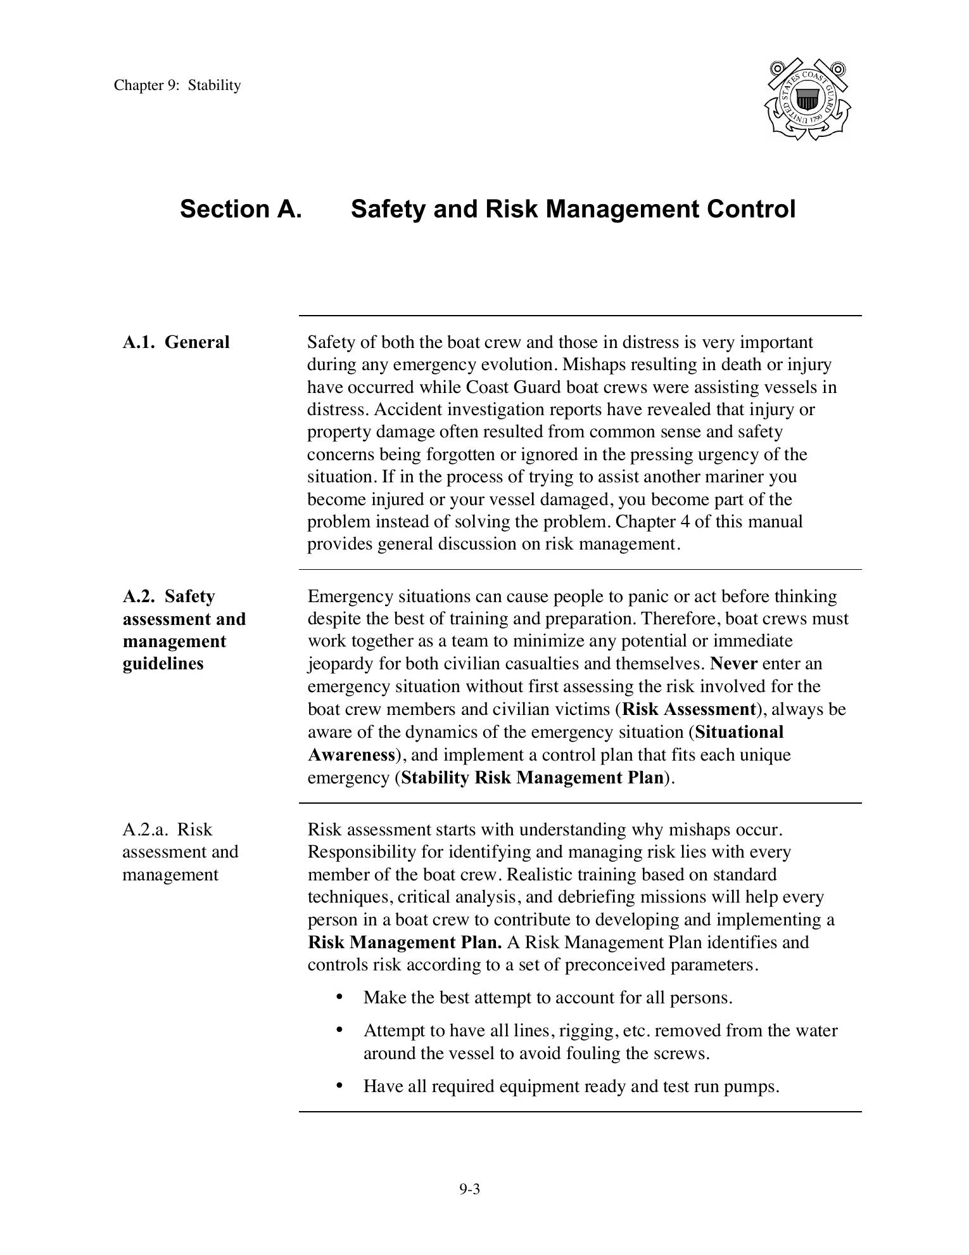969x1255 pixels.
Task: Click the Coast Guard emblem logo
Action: coord(807,100)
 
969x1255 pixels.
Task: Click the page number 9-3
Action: coord(469,1189)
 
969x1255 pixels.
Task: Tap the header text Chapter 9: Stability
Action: coord(177,86)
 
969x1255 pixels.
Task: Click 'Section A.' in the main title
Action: coord(241,209)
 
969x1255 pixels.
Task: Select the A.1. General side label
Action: coord(176,342)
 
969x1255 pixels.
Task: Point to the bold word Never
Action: coord(733,664)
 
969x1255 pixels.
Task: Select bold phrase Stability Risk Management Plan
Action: coord(532,778)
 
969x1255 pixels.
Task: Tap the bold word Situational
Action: coord(739,732)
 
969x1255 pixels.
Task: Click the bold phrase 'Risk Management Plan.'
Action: coord(405,942)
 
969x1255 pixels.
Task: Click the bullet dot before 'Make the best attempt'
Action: coord(340,997)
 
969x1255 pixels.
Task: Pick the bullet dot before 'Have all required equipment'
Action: coord(340,1086)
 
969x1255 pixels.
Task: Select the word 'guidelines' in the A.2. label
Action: coord(163,664)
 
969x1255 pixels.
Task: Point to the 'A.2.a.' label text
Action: coord(145,830)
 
